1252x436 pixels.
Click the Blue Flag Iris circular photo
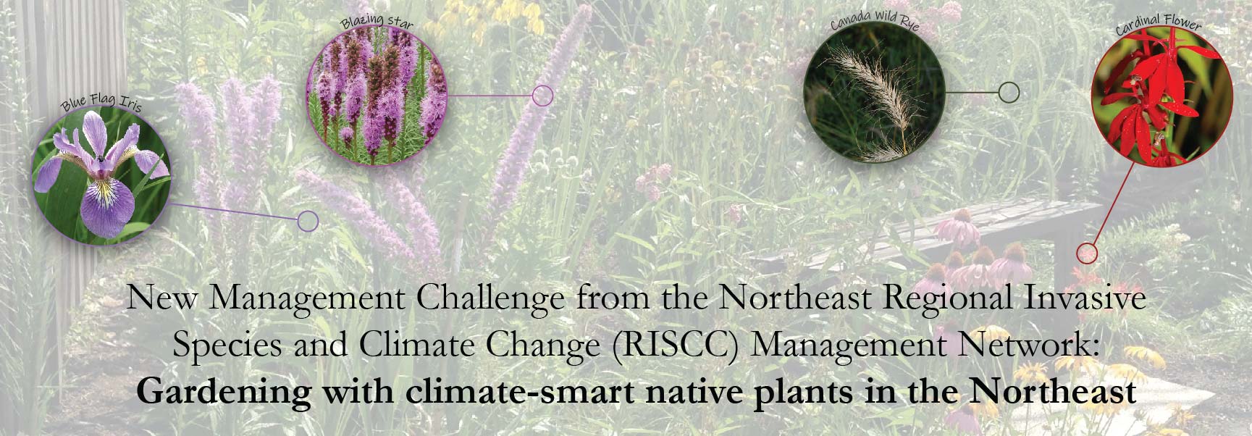click(x=101, y=176)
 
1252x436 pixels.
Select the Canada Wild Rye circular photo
click(x=874, y=93)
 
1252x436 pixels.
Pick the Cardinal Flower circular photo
click(x=1161, y=98)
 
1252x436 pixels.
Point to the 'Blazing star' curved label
click(x=377, y=20)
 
